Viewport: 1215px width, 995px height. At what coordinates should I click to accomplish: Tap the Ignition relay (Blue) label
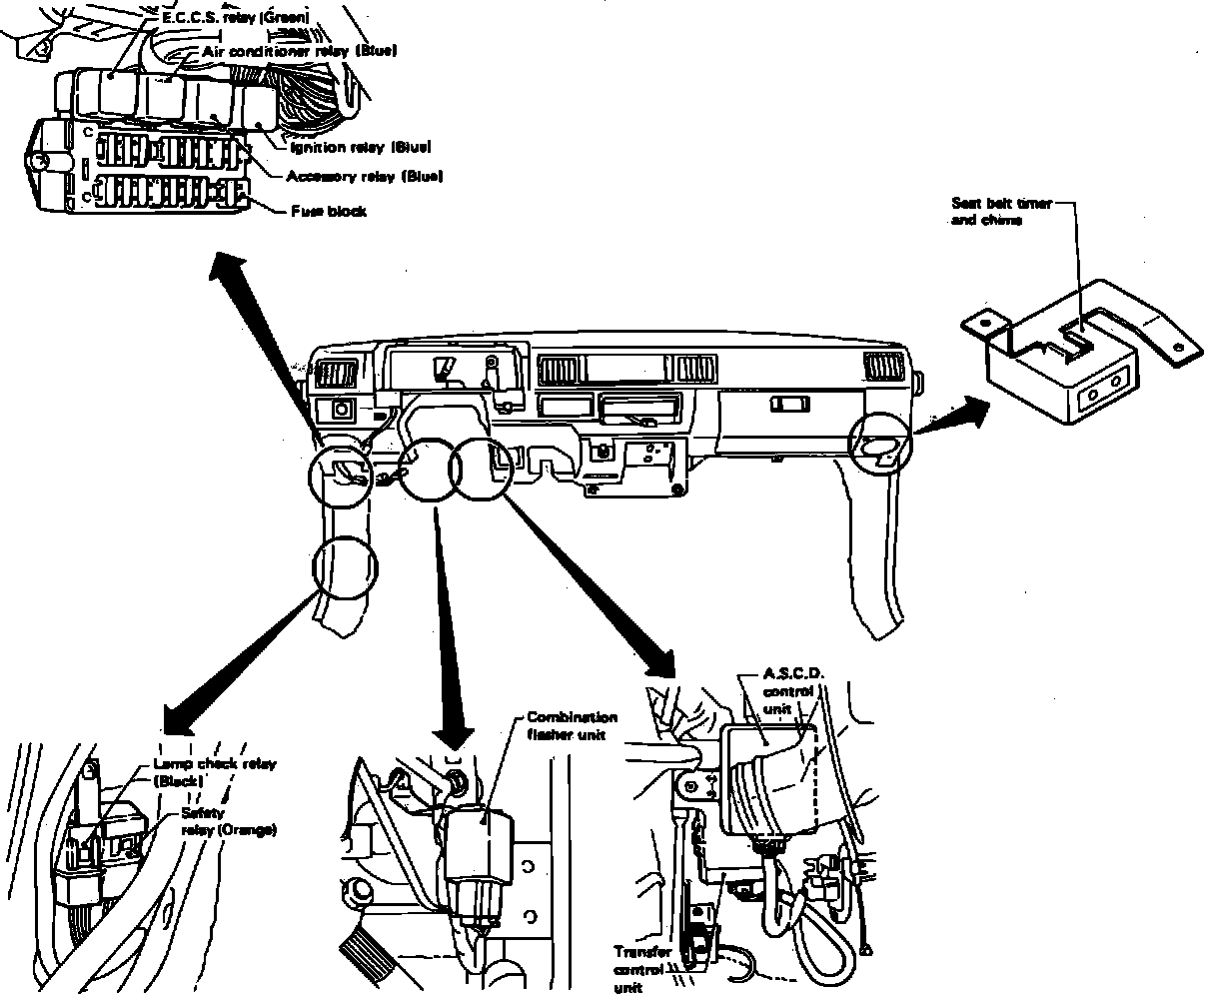(x=360, y=148)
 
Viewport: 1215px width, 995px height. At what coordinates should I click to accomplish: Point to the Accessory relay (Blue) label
(x=364, y=177)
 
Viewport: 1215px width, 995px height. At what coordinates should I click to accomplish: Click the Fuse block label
(x=329, y=211)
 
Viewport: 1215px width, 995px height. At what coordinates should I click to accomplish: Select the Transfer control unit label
(x=642, y=969)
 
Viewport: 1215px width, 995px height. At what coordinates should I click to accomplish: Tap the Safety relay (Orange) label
(x=228, y=821)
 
